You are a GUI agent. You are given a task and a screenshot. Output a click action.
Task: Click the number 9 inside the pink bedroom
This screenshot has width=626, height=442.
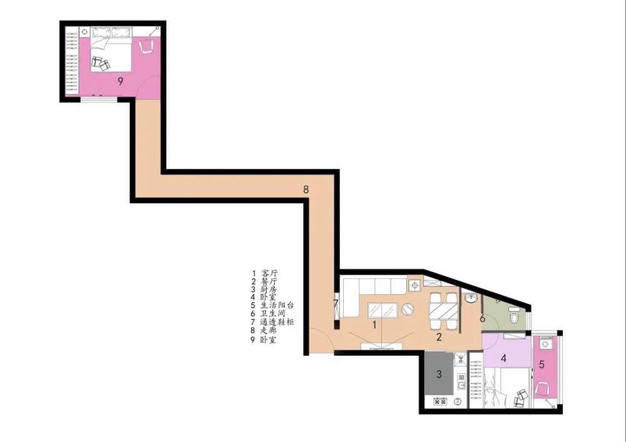120,81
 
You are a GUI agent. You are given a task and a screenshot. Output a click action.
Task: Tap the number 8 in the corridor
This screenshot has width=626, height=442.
306,190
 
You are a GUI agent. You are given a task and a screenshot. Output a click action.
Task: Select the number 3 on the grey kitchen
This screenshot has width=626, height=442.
439,374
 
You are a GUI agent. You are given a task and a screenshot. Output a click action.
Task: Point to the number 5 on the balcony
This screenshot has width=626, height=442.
541,364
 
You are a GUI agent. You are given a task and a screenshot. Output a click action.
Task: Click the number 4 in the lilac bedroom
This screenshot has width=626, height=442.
503,359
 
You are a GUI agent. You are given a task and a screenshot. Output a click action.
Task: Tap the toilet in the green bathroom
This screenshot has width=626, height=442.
515,317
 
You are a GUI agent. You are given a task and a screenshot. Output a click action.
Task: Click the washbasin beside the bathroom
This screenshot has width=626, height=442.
472,298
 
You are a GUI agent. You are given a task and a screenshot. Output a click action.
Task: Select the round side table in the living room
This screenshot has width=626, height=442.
408,310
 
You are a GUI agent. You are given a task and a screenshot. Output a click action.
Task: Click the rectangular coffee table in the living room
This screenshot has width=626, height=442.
382,311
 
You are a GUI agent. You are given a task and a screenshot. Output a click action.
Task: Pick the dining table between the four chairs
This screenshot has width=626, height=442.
443,311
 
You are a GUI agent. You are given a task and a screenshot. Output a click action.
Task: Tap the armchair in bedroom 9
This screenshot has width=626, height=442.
147,46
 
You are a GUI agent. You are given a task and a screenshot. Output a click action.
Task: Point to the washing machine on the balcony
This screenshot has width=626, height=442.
546,343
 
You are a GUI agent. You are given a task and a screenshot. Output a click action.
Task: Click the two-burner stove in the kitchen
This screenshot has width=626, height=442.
441,401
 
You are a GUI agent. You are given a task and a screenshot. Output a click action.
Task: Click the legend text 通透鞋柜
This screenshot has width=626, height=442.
277,322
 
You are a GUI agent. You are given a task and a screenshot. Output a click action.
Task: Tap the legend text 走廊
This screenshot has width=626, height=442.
269,331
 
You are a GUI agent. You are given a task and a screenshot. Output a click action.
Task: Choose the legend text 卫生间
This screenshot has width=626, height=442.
273,314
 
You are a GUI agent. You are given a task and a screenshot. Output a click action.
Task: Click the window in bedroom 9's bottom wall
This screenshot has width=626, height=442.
99,99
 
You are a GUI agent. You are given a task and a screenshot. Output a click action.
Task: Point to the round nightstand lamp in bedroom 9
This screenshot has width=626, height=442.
85,31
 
